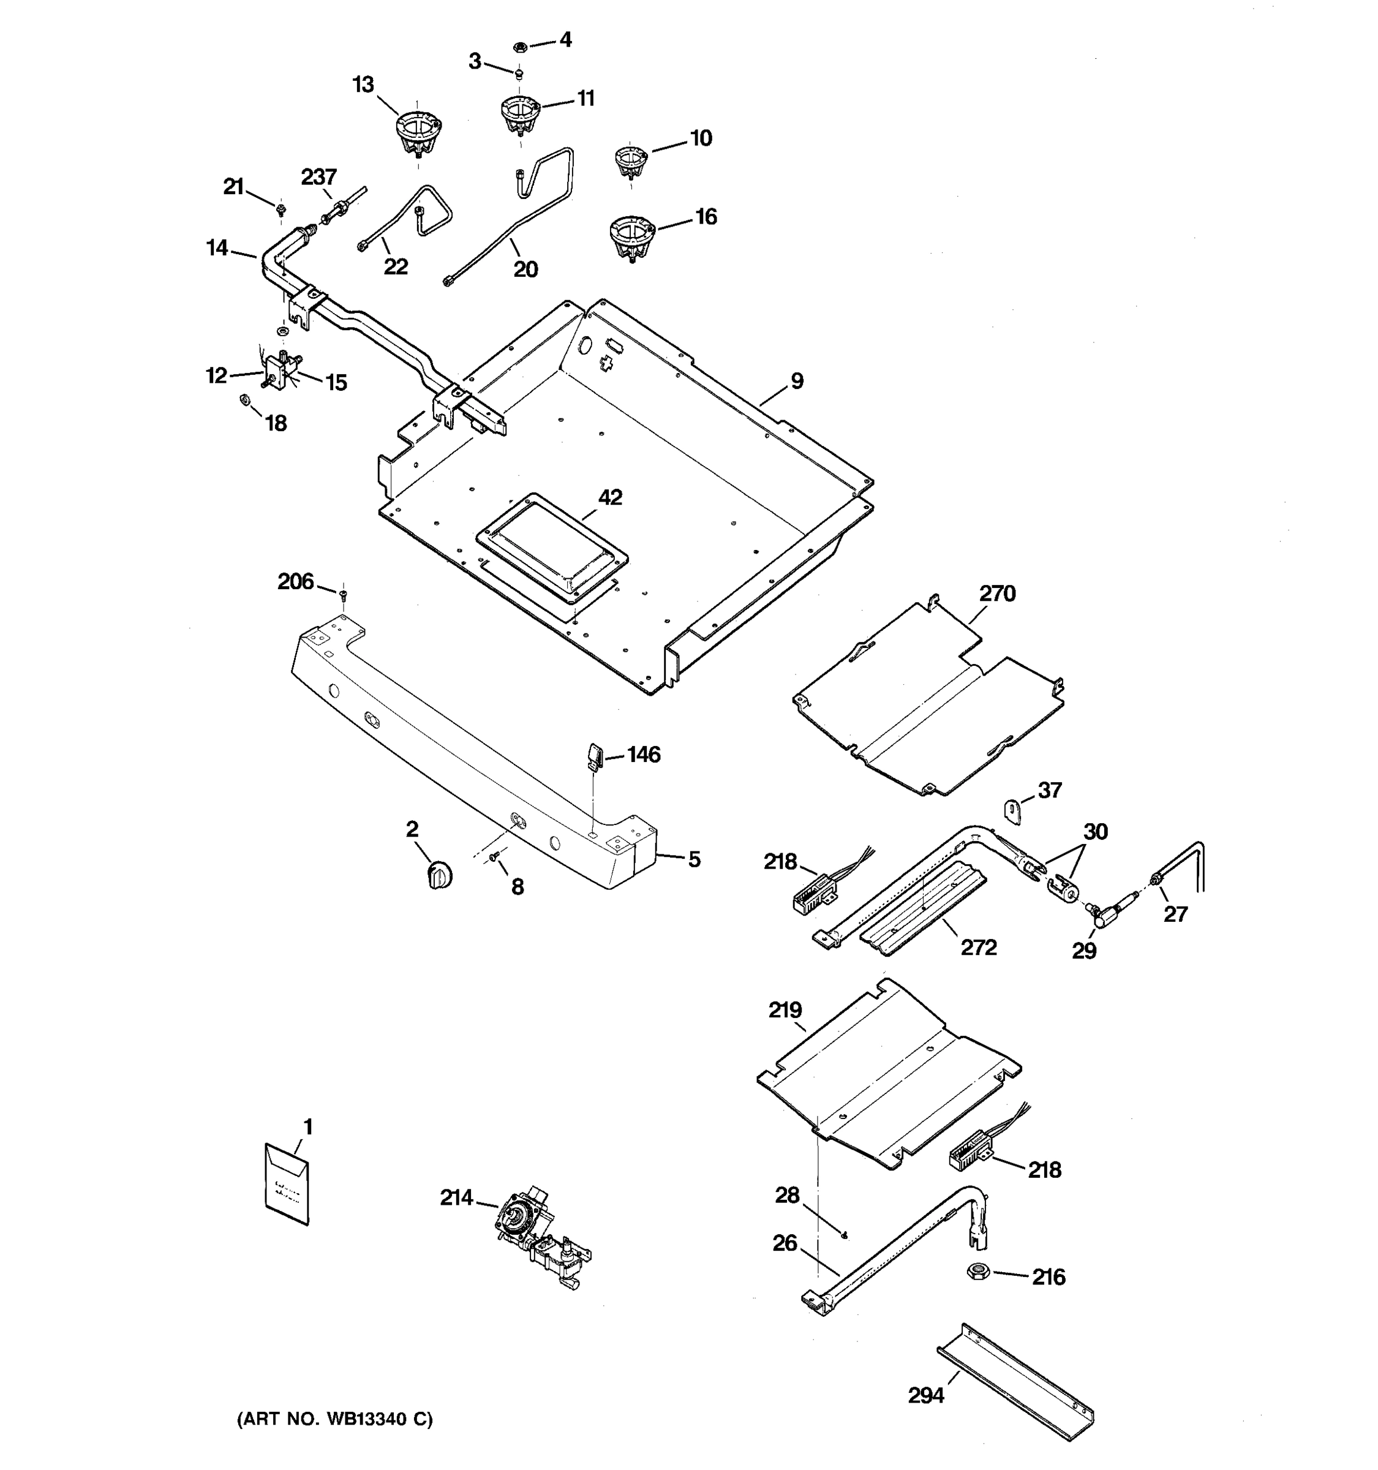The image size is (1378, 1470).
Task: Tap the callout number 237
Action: (x=318, y=178)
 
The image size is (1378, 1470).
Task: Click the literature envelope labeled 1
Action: (x=287, y=1184)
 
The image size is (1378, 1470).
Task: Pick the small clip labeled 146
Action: (x=596, y=756)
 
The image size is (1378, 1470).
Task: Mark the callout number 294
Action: (x=925, y=1395)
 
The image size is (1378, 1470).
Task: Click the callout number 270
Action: (x=997, y=593)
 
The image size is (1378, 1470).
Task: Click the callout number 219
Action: (x=785, y=1009)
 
